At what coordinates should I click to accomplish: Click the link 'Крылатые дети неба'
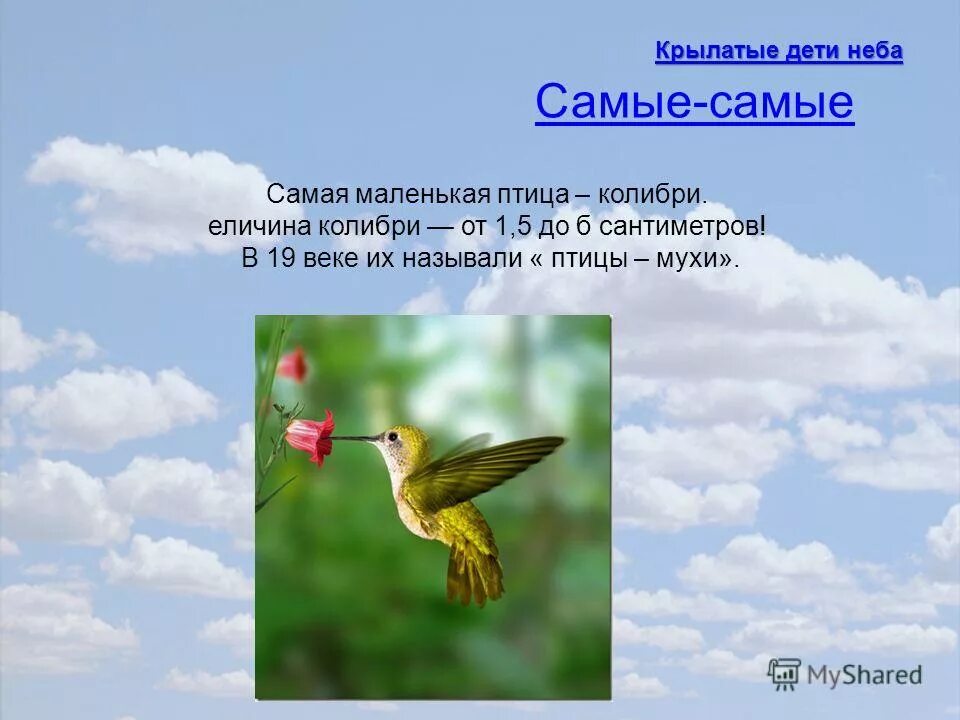(x=778, y=51)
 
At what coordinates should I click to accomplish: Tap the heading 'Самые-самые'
(x=694, y=102)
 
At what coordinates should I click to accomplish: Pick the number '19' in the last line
(x=280, y=258)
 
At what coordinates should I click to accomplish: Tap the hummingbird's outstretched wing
(x=495, y=465)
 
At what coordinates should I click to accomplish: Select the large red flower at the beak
(x=310, y=436)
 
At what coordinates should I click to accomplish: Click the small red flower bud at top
(x=293, y=364)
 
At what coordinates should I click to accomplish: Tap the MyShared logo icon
(x=785, y=673)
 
